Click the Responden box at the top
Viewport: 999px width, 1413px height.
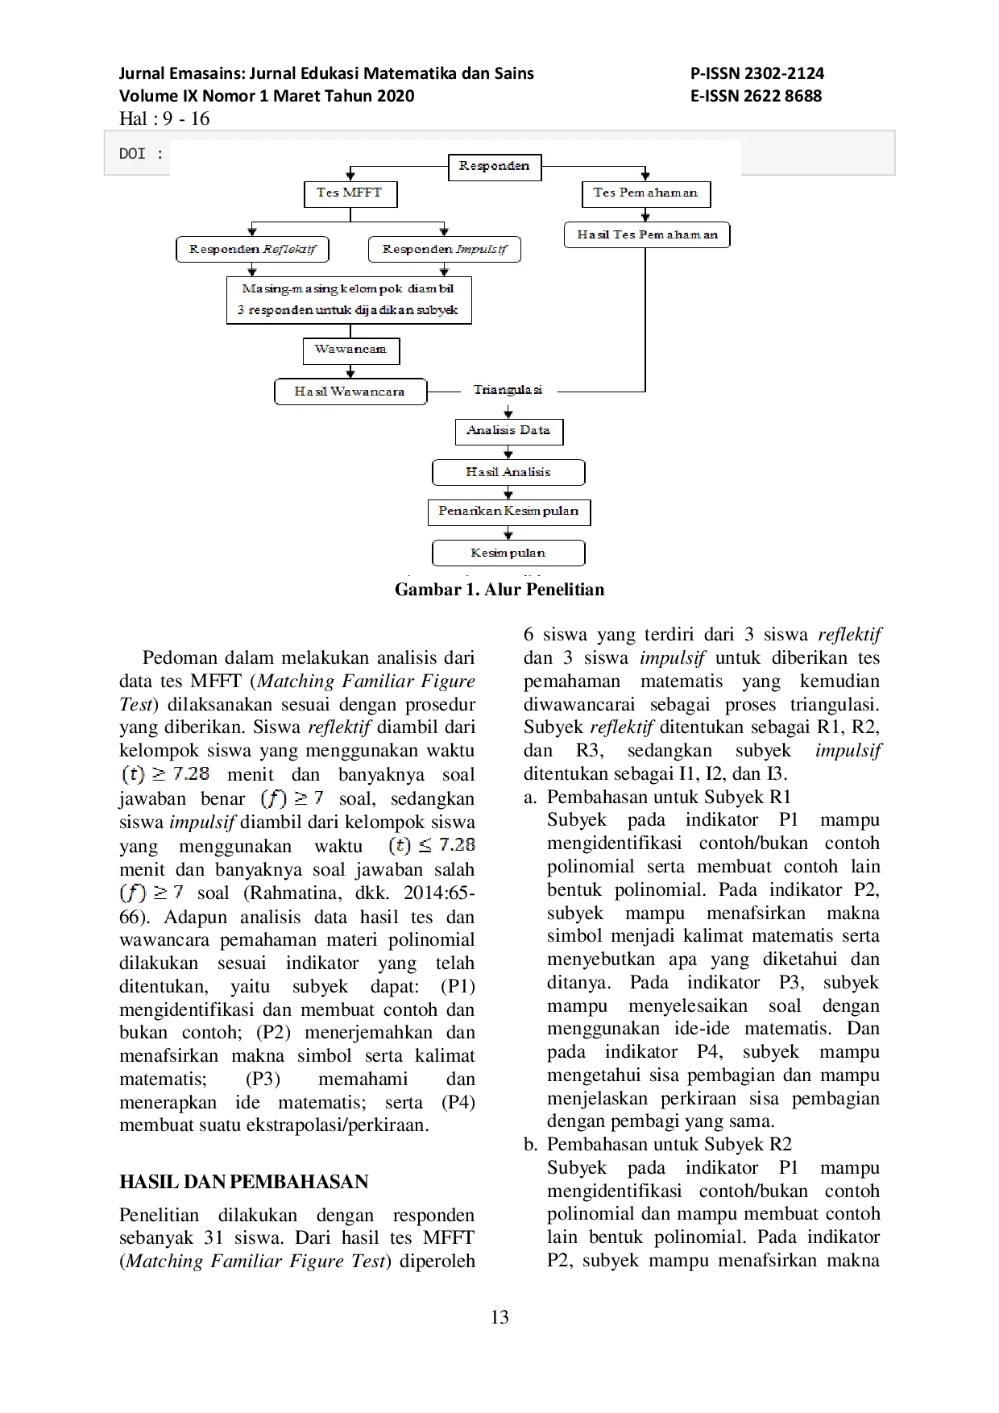click(x=494, y=167)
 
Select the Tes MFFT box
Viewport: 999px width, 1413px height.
click(x=350, y=193)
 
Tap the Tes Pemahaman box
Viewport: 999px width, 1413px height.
click(x=645, y=193)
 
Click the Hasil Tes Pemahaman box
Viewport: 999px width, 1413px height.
click(x=647, y=235)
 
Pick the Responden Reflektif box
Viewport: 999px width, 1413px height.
click(x=252, y=250)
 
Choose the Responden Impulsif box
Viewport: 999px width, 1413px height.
click(x=444, y=250)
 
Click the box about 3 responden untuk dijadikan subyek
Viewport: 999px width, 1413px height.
click(x=349, y=300)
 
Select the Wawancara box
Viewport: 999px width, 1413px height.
click(x=350, y=350)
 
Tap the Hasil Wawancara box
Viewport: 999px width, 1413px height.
click(x=350, y=392)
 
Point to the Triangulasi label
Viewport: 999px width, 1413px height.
click(x=508, y=390)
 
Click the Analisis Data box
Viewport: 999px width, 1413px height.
click(x=508, y=431)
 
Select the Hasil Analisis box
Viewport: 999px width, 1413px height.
click(x=508, y=472)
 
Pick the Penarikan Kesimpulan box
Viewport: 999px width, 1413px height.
click(x=508, y=512)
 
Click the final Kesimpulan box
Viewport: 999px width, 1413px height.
click(x=508, y=553)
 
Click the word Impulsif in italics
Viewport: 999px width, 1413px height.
click(x=482, y=250)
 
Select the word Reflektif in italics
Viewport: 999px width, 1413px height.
click(x=289, y=250)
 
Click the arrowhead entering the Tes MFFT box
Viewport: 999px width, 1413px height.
click(x=350, y=176)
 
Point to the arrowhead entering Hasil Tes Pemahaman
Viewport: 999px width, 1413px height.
click(x=645, y=217)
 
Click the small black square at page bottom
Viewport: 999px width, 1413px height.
click(x=499, y=1317)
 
